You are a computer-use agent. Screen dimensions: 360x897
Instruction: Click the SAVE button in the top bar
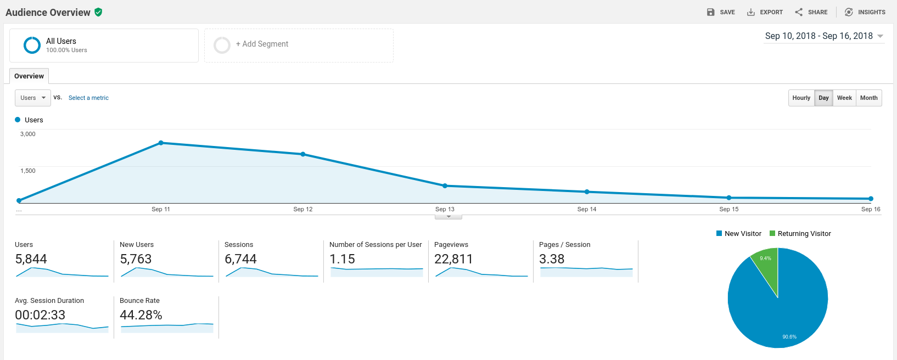click(721, 12)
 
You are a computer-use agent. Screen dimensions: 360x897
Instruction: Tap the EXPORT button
click(765, 12)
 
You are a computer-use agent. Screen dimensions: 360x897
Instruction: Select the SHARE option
click(811, 12)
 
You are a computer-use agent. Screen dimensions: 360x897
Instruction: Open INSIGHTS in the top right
click(865, 12)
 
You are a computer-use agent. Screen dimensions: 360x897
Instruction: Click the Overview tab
click(29, 76)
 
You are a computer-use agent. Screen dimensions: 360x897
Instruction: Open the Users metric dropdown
click(33, 98)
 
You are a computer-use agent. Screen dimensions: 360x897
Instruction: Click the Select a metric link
click(88, 98)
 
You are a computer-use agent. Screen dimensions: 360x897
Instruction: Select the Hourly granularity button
click(801, 98)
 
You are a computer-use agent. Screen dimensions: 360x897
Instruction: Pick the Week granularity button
click(844, 98)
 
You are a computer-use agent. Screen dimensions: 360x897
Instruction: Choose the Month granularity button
click(868, 98)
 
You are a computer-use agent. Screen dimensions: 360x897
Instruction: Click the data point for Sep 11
click(161, 143)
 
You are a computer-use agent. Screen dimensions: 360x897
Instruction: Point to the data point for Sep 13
click(445, 186)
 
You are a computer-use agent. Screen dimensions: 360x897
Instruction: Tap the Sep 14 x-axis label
click(586, 209)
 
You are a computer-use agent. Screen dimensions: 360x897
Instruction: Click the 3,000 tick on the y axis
click(28, 134)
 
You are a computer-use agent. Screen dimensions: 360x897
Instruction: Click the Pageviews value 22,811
click(453, 259)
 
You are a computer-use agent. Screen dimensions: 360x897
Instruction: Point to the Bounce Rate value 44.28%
click(141, 315)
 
